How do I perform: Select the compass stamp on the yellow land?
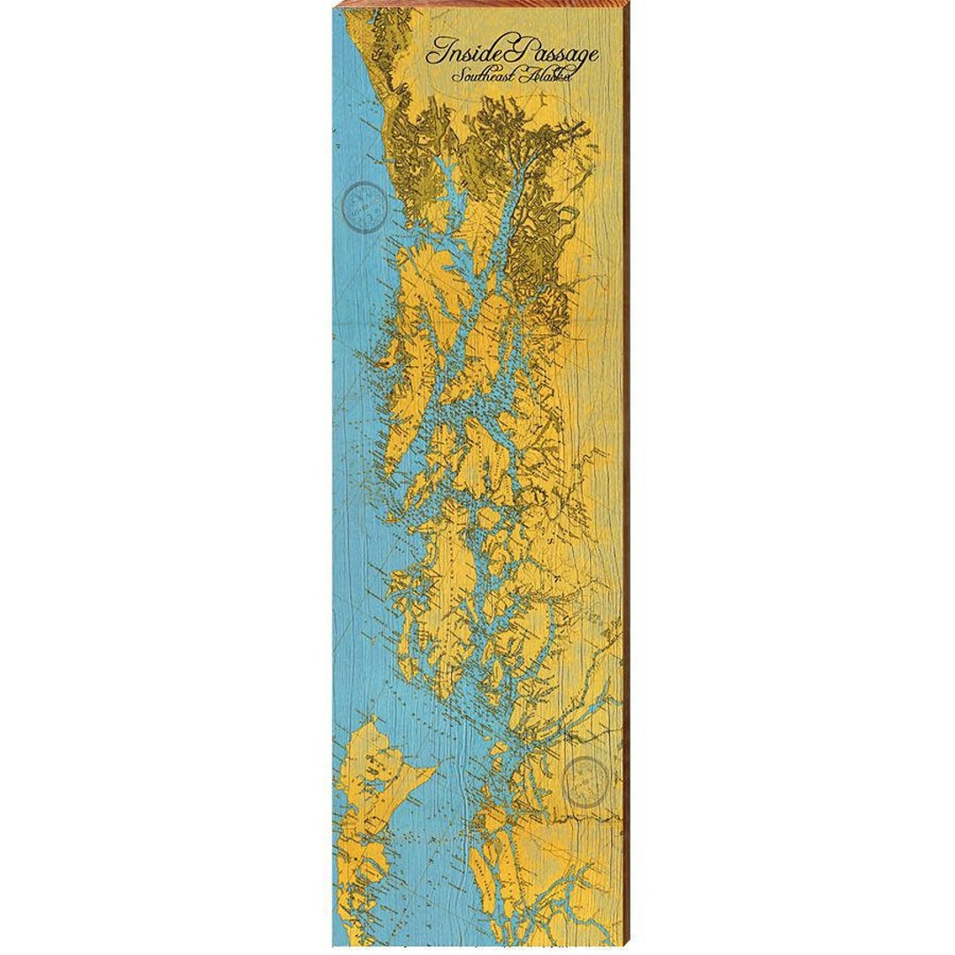point(588,781)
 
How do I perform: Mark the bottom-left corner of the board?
point(333,945)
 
